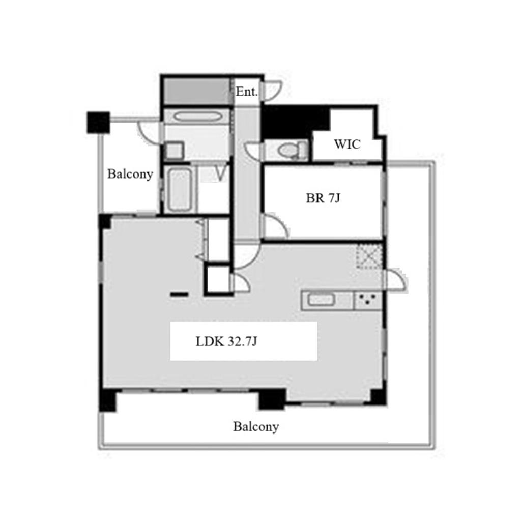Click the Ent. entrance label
pos(247,92)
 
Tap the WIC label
pos(347,144)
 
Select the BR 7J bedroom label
pos(323,198)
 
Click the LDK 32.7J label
pos(226,341)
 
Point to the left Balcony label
pos(130,174)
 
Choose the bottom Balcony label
pos(256,426)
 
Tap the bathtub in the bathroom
pos(179,190)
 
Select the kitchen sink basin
pos(321,300)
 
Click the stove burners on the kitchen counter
pos(368,300)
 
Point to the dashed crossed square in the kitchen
pos(369,256)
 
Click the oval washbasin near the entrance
pos(197,117)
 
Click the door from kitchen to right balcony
pos(395,280)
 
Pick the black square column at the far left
pos(98,122)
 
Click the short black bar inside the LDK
pos(180,294)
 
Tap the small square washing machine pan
pos(174,151)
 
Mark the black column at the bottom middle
pos(272,399)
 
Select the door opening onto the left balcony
pos(148,133)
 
